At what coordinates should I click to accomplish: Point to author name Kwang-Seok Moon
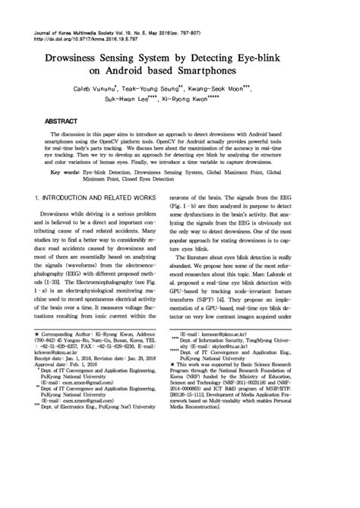coord(243,91)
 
